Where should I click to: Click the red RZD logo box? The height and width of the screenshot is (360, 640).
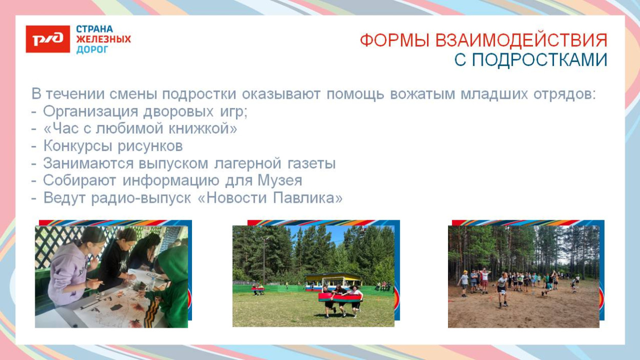pos(48,39)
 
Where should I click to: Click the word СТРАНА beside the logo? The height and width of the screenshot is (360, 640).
pos(95,29)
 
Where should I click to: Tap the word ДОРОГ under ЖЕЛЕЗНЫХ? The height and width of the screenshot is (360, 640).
pos(93,50)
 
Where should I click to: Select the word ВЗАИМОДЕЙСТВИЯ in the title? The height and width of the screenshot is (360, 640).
pos(521,40)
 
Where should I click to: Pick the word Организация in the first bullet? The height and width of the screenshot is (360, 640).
pos(90,112)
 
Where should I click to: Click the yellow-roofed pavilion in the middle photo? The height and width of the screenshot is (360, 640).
pos(333,280)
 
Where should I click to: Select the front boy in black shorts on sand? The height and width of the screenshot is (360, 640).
pos(502,289)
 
